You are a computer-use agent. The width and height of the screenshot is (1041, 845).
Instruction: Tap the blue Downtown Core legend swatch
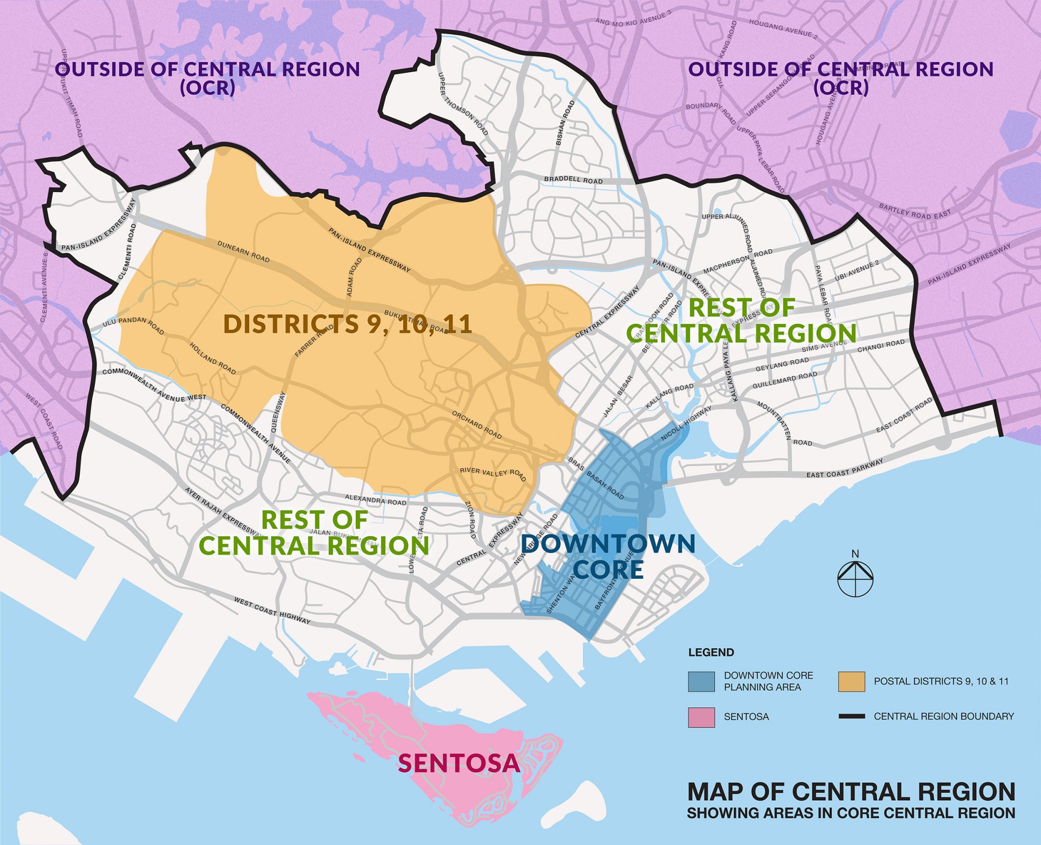(701, 682)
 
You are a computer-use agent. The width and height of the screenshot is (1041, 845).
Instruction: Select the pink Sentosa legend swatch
(701, 717)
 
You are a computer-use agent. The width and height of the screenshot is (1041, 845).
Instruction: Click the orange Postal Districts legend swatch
(851, 682)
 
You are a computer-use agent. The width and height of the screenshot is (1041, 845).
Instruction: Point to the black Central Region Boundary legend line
(851, 716)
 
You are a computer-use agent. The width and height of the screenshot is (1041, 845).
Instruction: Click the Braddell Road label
(573, 180)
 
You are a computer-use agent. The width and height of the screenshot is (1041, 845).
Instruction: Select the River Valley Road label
(493, 474)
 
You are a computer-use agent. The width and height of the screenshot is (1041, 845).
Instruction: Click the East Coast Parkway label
(845, 468)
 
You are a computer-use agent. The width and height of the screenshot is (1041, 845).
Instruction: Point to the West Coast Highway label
(272, 610)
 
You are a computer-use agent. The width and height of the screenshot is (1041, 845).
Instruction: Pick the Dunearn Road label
(243, 251)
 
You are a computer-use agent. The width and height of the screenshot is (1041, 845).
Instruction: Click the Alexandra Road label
(376, 500)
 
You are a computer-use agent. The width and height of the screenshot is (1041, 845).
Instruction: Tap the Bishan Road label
(565, 123)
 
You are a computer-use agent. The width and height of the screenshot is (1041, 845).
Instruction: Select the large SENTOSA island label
(458, 763)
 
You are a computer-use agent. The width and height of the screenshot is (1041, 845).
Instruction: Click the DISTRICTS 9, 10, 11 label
(348, 324)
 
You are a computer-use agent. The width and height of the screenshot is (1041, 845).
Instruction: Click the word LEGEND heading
(711, 653)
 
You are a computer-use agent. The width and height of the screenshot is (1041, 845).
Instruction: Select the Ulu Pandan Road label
(133, 326)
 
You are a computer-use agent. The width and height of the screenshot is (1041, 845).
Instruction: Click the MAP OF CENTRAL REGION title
(851, 792)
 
